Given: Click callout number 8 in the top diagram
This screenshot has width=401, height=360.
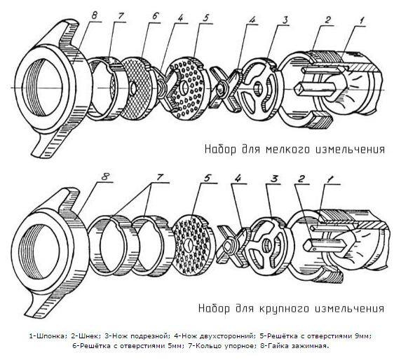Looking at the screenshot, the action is tap(94, 16).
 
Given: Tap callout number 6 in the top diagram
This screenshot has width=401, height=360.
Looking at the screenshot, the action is tap(155, 16).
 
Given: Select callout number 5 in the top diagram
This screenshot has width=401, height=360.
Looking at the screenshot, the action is tap(206, 18).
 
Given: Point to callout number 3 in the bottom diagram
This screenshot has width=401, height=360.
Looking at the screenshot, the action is tap(274, 179).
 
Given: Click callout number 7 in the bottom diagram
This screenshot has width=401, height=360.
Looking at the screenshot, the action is tap(160, 177).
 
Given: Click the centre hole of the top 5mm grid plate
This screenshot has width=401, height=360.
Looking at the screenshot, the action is tap(133, 88).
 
